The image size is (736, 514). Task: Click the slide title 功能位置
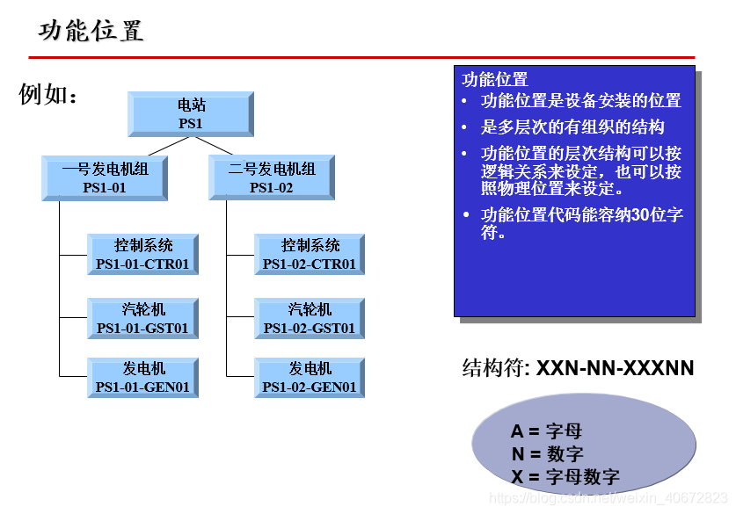pyautogui.click(x=91, y=32)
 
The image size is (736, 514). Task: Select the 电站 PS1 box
pyautogui.click(x=190, y=114)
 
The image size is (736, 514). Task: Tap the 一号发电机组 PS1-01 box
pyautogui.click(x=105, y=178)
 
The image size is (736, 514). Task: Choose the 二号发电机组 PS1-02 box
pyautogui.click(x=271, y=178)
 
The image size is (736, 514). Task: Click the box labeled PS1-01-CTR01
pyautogui.click(x=142, y=255)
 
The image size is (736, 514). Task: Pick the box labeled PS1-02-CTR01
pyautogui.click(x=310, y=255)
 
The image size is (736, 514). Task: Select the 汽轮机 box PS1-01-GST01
pyautogui.click(x=142, y=320)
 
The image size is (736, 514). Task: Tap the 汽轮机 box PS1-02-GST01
pyautogui.click(x=310, y=320)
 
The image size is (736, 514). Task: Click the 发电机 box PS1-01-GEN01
pyautogui.click(x=142, y=378)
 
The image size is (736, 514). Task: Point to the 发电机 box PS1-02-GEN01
pyautogui.click(x=310, y=378)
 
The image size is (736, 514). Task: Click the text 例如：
pyautogui.click(x=48, y=95)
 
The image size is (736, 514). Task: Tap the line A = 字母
pyautogui.click(x=546, y=431)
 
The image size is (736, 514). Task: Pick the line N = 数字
pyautogui.click(x=547, y=454)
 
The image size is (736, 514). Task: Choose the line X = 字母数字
pyautogui.click(x=565, y=477)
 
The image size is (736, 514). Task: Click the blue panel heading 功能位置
pyautogui.click(x=495, y=80)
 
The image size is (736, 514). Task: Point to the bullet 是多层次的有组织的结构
pyautogui.click(x=572, y=127)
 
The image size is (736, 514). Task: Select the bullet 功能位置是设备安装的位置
pyautogui.click(x=580, y=101)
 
